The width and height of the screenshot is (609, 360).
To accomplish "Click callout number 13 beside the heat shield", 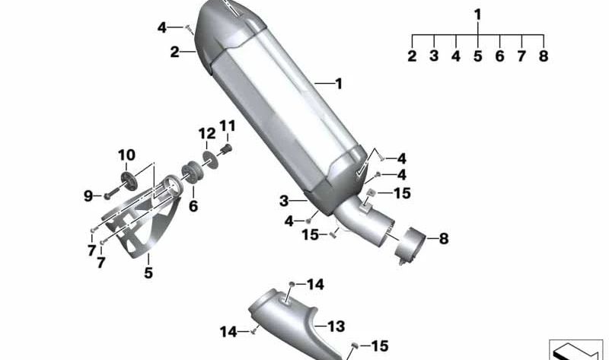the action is coord(336,327).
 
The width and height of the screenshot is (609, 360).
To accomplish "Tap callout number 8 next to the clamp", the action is coord(444,238).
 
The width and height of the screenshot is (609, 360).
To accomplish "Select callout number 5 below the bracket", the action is coord(148,272).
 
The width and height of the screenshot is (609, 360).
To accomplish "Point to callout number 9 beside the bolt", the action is coord(88,196).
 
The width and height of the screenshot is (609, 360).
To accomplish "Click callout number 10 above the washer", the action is coord(126,155).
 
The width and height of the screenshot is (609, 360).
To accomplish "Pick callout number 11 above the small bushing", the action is coord(228,126).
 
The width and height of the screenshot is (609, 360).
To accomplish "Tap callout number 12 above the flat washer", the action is coord(207,134).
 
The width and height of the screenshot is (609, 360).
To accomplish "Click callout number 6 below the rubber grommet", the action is coord(193,206).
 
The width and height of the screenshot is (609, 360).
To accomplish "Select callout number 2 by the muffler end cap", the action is coord(175,52).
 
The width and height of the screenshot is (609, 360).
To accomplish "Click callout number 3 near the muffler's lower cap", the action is coord(284,201).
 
